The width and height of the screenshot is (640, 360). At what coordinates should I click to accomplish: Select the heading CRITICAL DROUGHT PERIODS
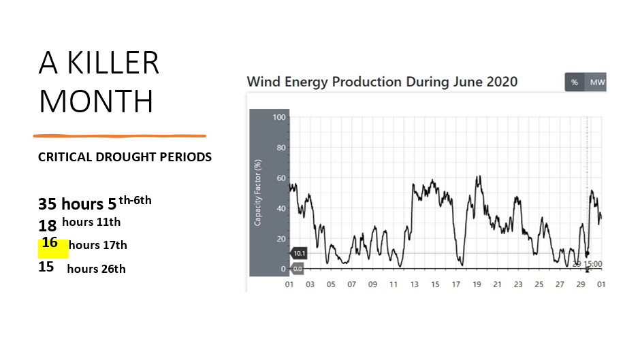(x=125, y=157)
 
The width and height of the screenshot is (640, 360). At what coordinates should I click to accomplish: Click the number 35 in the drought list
(x=48, y=203)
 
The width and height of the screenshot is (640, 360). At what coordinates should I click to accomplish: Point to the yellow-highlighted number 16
(x=50, y=243)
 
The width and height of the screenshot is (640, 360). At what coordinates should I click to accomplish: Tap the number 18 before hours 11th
(x=47, y=225)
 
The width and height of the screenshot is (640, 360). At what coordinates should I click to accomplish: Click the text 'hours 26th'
(x=96, y=268)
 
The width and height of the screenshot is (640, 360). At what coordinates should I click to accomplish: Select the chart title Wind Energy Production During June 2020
(x=382, y=82)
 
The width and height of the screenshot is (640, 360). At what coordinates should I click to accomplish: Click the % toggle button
(x=575, y=82)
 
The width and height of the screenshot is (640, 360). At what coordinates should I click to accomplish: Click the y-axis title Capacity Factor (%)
(x=258, y=193)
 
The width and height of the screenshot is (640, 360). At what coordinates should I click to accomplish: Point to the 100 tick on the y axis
(x=279, y=118)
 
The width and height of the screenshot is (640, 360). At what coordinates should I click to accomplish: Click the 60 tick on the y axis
(x=281, y=178)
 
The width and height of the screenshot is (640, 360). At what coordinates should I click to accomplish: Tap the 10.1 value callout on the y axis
(x=298, y=253)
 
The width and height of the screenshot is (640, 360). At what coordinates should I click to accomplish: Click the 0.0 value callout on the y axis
(x=298, y=269)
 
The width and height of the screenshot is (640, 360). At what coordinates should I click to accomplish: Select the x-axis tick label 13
(x=414, y=284)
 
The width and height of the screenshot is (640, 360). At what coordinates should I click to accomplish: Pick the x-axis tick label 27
(x=560, y=284)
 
